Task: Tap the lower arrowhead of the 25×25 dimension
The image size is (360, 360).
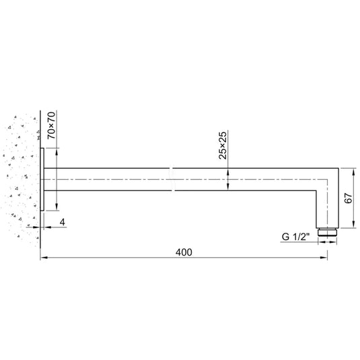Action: pyautogui.click(x=228, y=188)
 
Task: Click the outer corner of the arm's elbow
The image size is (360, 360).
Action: pyautogui.click(x=334, y=169)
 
